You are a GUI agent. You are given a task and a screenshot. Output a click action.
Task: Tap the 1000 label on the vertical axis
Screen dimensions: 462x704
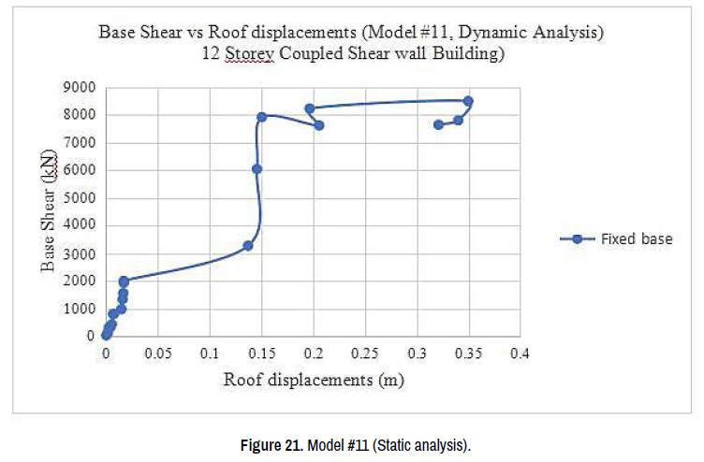pyautogui.click(x=81, y=309)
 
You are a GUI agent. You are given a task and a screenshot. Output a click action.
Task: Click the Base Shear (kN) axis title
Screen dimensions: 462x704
pyautogui.click(x=48, y=211)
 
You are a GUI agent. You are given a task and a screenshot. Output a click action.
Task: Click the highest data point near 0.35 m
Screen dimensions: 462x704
pyautogui.click(x=468, y=101)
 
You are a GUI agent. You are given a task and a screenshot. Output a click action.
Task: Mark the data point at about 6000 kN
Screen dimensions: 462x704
pyautogui.click(x=257, y=169)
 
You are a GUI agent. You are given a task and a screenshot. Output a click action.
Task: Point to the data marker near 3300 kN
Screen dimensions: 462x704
pyautogui.click(x=248, y=246)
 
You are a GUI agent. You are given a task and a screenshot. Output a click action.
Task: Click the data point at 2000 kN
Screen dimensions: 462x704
pyautogui.click(x=124, y=281)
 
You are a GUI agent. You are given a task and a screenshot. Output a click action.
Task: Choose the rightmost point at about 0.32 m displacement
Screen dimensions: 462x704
pyautogui.click(x=438, y=124)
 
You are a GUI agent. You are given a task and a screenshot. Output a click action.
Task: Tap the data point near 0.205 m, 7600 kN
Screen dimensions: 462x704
pyautogui.click(x=319, y=125)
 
